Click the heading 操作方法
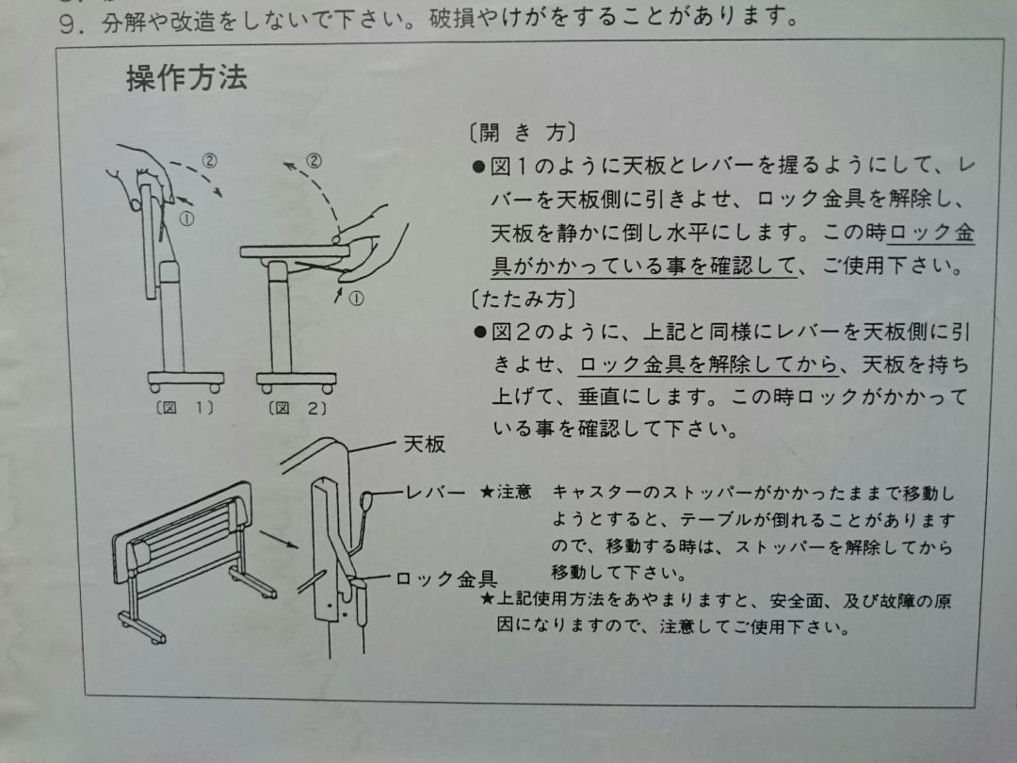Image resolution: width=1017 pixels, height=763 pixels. tap(186, 78)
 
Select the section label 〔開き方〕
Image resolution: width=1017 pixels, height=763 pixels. tap(522, 133)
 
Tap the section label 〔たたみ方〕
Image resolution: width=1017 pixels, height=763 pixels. tap(522, 300)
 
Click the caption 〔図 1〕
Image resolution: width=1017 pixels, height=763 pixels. tap(185, 408)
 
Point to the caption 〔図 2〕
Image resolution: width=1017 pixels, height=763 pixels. tap(298, 408)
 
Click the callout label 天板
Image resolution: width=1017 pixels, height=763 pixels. tap(424, 445)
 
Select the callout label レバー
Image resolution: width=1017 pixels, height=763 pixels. tap(435, 493)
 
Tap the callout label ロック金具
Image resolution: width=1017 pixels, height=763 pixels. tap(446, 578)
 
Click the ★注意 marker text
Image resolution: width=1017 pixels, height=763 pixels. tap(506, 492)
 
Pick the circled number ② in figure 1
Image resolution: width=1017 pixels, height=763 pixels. tap(209, 159)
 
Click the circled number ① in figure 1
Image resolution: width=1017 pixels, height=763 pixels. tap(186, 219)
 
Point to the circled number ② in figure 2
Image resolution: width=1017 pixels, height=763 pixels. tap(314, 160)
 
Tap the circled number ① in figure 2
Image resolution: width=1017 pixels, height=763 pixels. tap(357, 299)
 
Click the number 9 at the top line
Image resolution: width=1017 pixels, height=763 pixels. tap(66, 24)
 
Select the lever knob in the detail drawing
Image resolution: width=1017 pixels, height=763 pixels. tap(365, 501)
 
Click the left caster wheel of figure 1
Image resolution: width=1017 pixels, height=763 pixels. tap(155, 388)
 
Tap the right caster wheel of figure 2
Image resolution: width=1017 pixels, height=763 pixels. tap(328, 389)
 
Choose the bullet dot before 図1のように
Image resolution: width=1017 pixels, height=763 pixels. tap(479, 168)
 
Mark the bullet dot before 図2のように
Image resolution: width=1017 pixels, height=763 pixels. tap(480, 333)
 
